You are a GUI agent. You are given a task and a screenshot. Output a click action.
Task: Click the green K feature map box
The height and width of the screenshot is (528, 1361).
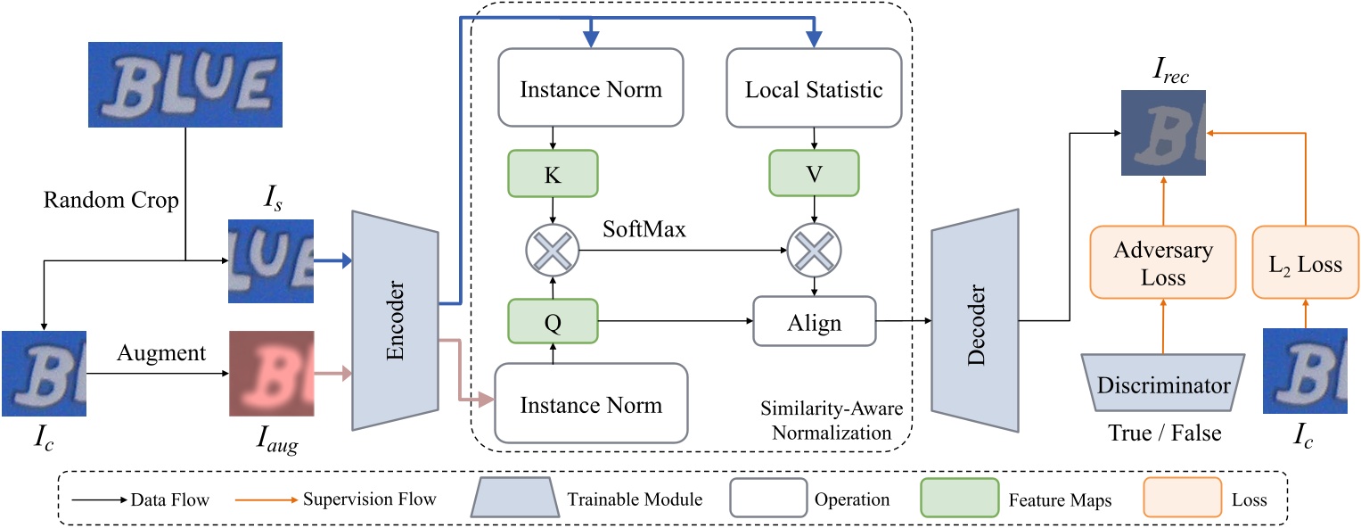click(x=553, y=173)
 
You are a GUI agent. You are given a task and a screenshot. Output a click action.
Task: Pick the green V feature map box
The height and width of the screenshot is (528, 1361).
click(x=814, y=173)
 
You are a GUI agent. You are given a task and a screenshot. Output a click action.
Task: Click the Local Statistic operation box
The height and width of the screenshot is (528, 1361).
click(x=814, y=89)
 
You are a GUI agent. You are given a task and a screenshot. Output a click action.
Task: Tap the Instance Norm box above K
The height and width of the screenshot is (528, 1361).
click(x=591, y=89)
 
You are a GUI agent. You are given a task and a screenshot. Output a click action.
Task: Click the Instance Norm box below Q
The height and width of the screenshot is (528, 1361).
click(x=591, y=404)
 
